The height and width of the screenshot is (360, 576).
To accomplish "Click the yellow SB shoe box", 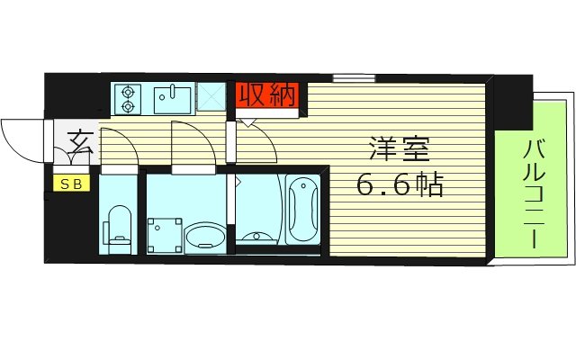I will tap(68, 184).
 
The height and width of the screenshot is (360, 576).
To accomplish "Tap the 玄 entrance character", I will tap(79, 142).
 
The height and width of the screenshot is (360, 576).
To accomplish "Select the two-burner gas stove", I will tap(128, 98).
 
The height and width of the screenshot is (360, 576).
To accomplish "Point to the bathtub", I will tap(302, 208).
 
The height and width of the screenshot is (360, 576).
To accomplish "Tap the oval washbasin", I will tap(205, 238).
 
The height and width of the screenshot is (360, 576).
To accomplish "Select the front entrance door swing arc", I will tap(20, 140).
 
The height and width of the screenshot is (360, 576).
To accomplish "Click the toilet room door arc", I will tap(119, 146).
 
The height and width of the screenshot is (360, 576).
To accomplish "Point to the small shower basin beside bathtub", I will tap(259, 237).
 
